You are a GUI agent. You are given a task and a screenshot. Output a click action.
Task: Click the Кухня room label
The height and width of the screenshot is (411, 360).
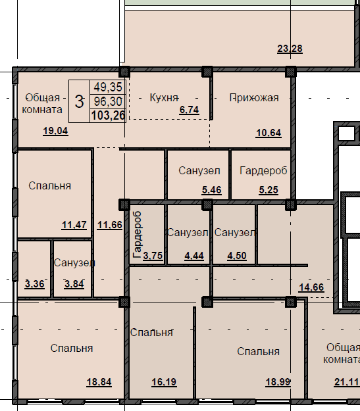[x=165, y=98]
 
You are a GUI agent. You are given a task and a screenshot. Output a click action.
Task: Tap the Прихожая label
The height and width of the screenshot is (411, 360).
[x=254, y=98]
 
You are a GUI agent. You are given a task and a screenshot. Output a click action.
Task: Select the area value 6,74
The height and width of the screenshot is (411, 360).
[x=189, y=110]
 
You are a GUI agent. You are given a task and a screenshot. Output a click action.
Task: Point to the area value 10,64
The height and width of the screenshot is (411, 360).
[x=269, y=133]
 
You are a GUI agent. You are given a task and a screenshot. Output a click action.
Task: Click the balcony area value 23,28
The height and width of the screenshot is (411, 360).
[x=290, y=49]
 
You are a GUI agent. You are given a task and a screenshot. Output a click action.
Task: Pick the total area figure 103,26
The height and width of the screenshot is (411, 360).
[x=108, y=115]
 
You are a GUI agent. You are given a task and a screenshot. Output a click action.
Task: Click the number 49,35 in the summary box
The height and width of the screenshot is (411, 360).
[x=108, y=87]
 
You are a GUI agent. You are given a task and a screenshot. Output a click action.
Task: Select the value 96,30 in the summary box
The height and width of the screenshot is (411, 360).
[x=108, y=101]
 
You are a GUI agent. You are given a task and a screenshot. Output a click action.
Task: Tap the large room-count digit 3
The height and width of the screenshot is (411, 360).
[x=79, y=101]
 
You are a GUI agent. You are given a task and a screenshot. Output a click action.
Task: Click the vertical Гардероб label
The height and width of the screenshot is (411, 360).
[x=138, y=235]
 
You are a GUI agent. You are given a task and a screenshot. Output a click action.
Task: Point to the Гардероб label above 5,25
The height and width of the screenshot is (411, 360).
[x=263, y=170]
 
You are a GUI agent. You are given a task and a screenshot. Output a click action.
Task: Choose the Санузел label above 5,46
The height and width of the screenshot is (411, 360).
[x=199, y=170]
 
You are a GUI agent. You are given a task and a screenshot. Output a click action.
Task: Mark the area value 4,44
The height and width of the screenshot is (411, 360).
[x=194, y=256]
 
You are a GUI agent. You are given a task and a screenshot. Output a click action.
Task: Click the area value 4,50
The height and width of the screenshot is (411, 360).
[x=237, y=256]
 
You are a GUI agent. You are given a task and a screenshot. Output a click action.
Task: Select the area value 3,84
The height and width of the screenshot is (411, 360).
[x=74, y=284]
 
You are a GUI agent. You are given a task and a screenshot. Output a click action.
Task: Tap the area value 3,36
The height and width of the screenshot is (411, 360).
[x=35, y=284]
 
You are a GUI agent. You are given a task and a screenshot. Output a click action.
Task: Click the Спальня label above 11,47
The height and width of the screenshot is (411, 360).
[x=49, y=186]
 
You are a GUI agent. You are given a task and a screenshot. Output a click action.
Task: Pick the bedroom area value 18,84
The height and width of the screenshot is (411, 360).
[x=99, y=382]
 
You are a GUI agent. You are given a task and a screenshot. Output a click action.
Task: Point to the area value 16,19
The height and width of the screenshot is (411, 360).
[x=164, y=382]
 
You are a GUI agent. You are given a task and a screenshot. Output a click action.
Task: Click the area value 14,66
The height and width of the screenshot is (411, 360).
[x=311, y=287]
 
